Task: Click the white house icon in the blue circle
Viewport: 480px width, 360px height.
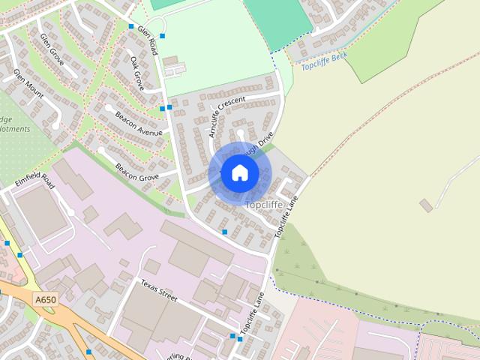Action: [239, 172]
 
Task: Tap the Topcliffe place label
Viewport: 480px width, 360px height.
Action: [263, 205]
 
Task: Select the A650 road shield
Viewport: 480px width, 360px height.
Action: [45, 300]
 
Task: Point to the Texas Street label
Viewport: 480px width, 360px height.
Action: [159, 291]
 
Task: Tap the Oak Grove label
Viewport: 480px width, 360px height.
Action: [137, 73]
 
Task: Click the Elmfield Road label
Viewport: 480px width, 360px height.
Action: [35, 181]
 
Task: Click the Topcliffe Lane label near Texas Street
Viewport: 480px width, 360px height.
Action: [252, 313]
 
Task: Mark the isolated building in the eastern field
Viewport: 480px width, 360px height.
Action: [425, 205]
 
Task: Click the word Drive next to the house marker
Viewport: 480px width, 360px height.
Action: [265, 139]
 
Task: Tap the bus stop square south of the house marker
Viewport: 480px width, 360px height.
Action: [224, 232]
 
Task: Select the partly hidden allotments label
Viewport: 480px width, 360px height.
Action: [15, 124]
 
